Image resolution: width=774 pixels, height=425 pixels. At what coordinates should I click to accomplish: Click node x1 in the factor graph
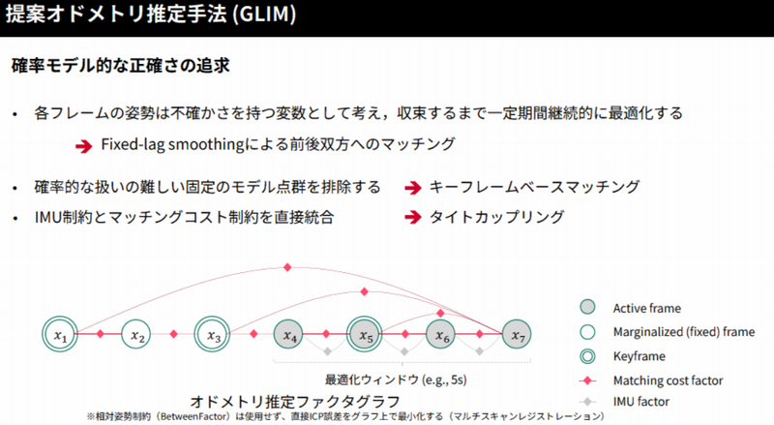[x=60, y=335]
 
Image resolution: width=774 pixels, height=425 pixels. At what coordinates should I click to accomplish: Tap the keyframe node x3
[x=212, y=335]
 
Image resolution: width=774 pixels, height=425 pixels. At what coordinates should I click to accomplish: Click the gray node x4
[x=290, y=335]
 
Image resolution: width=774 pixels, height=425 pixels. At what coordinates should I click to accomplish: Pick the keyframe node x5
[x=365, y=335]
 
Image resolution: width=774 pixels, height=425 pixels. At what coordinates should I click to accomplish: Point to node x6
[x=441, y=335]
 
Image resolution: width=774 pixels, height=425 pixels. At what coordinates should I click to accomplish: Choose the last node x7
[x=516, y=335]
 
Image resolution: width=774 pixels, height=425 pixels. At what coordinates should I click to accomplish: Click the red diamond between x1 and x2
[x=100, y=335]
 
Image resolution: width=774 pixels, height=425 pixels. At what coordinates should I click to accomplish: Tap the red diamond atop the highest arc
[x=288, y=267]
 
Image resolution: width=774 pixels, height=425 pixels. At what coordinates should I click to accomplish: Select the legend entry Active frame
[x=649, y=308]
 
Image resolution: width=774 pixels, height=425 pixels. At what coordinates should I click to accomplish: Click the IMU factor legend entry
[x=644, y=401]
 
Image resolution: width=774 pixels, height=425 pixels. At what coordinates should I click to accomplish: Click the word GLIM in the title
[x=265, y=17]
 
